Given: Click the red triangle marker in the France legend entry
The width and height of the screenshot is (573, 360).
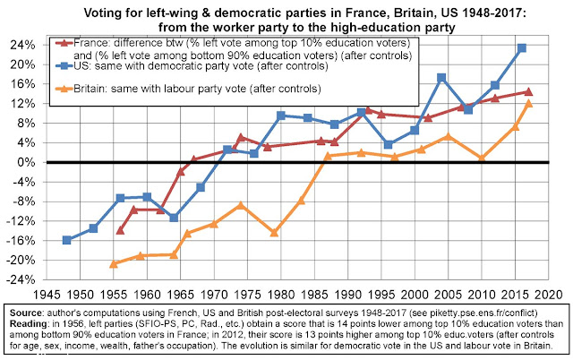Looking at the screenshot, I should [x=64, y=43].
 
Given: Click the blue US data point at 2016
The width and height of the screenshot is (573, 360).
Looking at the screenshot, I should [x=521, y=47].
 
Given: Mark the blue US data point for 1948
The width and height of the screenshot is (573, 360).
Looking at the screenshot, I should [x=67, y=240].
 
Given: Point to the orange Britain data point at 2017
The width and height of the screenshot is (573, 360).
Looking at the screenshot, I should [x=528, y=103].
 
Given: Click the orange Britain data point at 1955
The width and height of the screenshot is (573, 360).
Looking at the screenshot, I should [x=114, y=263].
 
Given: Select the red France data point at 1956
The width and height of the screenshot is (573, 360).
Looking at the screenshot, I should [x=121, y=230].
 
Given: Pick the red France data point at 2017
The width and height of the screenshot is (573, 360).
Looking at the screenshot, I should [x=528, y=91].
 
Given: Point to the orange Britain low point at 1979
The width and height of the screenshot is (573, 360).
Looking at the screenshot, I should [x=274, y=232].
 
